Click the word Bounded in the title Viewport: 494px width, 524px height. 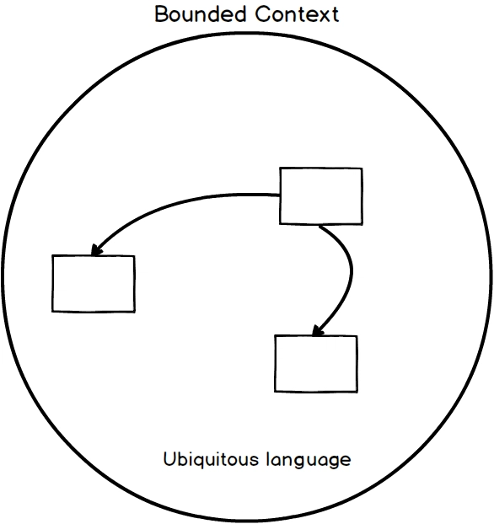tap(200, 14)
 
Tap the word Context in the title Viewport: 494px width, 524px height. tap(297, 14)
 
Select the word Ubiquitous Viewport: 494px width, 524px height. tap(211, 459)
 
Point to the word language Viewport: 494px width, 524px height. tap(309, 461)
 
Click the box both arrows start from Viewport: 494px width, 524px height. tap(321, 195)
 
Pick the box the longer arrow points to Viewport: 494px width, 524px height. tap(94, 284)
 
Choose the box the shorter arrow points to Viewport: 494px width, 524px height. tap(316, 364)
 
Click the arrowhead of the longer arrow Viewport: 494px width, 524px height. tap(96, 251)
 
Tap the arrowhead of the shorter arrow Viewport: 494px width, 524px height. tap(317, 331)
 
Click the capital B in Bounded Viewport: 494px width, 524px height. tap(161, 14)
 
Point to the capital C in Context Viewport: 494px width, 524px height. tap(262, 14)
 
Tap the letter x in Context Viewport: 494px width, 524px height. tap(325, 17)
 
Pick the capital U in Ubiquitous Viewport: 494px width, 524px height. tap(169, 459)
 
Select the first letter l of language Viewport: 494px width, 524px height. tap(268, 459)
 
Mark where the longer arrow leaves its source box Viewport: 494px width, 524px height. tap(280, 195)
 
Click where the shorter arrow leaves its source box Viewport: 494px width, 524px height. tap(320, 226)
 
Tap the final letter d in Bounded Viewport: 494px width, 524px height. tap(239, 14)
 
